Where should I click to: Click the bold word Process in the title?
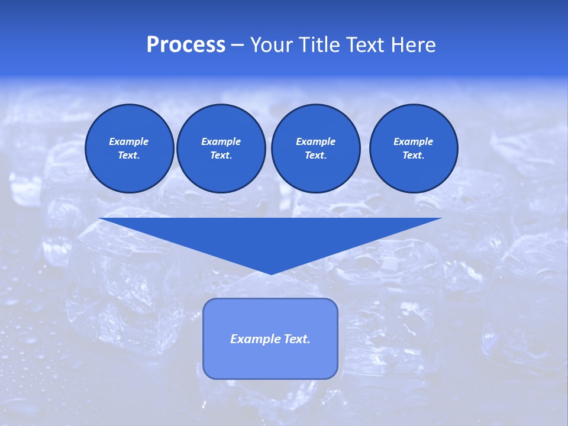(x=186, y=45)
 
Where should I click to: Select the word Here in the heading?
(x=414, y=45)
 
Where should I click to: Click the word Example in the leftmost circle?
(x=129, y=141)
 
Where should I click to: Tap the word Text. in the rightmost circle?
(x=414, y=155)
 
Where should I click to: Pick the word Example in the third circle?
(x=315, y=141)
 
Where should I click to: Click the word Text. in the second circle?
(x=221, y=155)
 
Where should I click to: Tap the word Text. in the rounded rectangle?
(x=296, y=339)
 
